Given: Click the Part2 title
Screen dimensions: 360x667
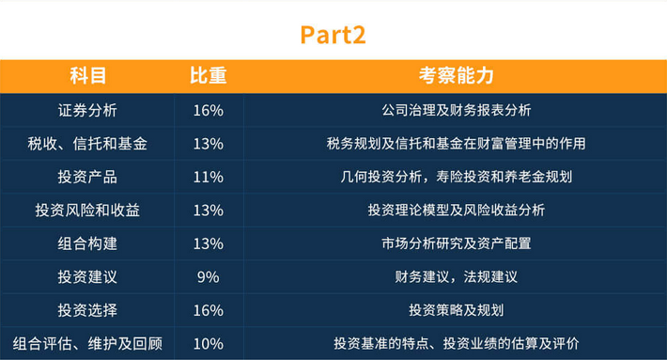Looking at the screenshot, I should pyautogui.click(x=333, y=35).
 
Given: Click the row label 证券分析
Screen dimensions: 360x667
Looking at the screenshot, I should pyautogui.click(x=86, y=110).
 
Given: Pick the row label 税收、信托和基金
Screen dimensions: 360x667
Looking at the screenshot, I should pyautogui.click(x=86, y=144).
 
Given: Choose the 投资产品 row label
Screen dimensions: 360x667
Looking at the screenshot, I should pyautogui.click(x=86, y=177).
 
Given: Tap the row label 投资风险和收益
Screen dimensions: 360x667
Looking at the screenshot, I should pyautogui.click(x=86, y=211).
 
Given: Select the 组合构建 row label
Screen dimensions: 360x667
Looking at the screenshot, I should pyautogui.click(x=86, y=243).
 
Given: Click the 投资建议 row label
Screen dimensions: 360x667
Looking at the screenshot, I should pyautogui.click(x=86, y=277).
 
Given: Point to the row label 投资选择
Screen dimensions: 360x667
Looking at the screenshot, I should pyautogui.click(x=86, y=310).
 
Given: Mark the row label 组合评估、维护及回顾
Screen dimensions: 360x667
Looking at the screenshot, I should pyautogui.click(x=86, y=344).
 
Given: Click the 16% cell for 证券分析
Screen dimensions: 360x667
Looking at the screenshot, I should pyautogui.click(x=208, y=110).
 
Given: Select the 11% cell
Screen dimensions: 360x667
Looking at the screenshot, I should pyautogui.click(x=208, y=177).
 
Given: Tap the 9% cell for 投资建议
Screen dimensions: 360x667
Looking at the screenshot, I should pyautogui.click(x=208, y=277).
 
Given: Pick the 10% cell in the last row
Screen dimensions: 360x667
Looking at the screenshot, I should pyautogui.click(x=208, y=344).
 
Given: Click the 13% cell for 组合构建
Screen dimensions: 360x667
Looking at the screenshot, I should pyautogui.click(x=208, y=243).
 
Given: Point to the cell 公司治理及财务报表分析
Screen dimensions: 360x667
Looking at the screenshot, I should pyautogui.click(x=456, y=110).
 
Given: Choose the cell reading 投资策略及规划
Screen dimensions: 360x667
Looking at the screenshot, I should pyautogui.click(x=456, y=310).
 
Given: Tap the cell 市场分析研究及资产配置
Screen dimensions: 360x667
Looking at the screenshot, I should pyautogui.click(x=456, y=243).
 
